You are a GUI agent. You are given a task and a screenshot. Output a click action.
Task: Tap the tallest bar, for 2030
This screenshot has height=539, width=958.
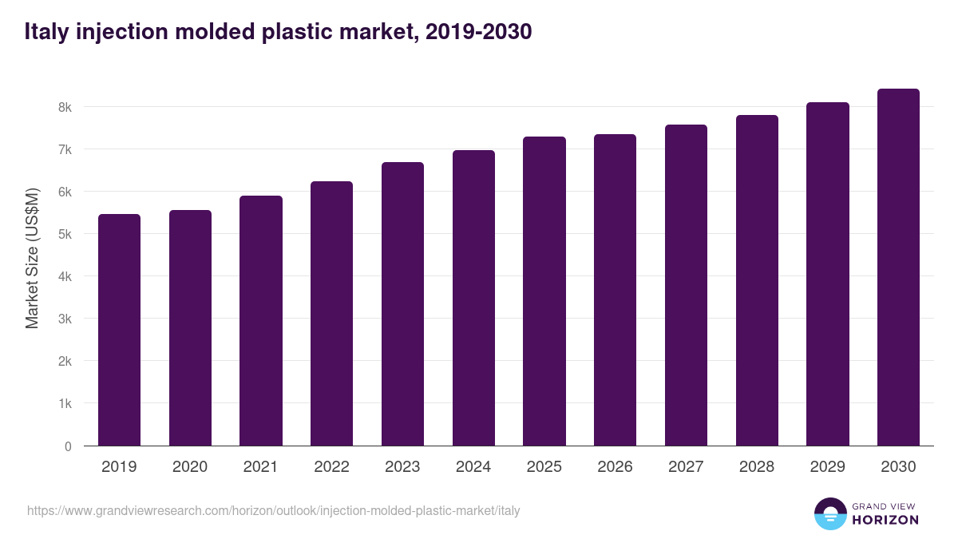coord(898,268)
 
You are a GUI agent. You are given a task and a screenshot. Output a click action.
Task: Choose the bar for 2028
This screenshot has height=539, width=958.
coord(757,280)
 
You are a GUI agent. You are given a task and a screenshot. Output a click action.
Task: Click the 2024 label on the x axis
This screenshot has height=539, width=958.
coord(473,467)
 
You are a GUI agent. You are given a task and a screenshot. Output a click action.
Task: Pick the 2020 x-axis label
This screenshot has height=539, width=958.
coord(190,467)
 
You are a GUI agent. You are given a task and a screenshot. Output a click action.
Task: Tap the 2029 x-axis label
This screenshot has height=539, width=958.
coord(827,467)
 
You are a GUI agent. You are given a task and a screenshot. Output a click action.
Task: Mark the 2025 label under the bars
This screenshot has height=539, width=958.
coord(544,467)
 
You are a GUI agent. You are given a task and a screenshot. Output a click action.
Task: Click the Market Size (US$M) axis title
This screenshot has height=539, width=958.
coord(32,258)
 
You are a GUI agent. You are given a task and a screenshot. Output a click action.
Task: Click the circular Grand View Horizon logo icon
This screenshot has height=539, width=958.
coord(829,513)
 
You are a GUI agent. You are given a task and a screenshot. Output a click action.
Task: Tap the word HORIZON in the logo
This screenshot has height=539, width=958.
coord(885,520)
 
